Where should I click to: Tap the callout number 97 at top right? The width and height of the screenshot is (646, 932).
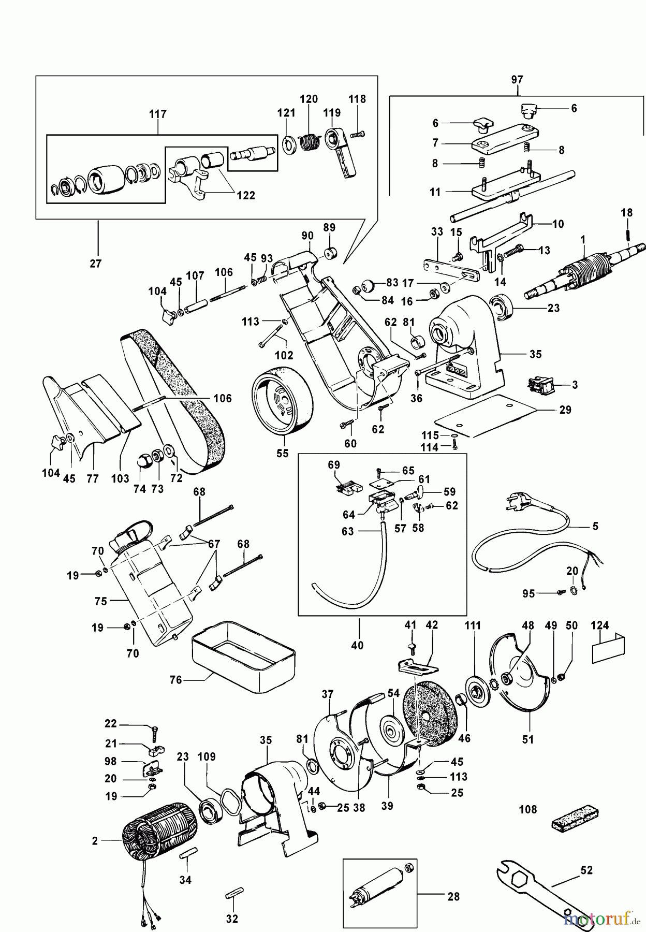(x=517, y=80)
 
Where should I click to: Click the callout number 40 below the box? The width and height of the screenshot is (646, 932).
(x=357, y=645)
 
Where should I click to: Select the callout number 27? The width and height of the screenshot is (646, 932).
(x=96, y=263)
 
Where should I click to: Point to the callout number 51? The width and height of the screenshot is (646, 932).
(x=527, y=739)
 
